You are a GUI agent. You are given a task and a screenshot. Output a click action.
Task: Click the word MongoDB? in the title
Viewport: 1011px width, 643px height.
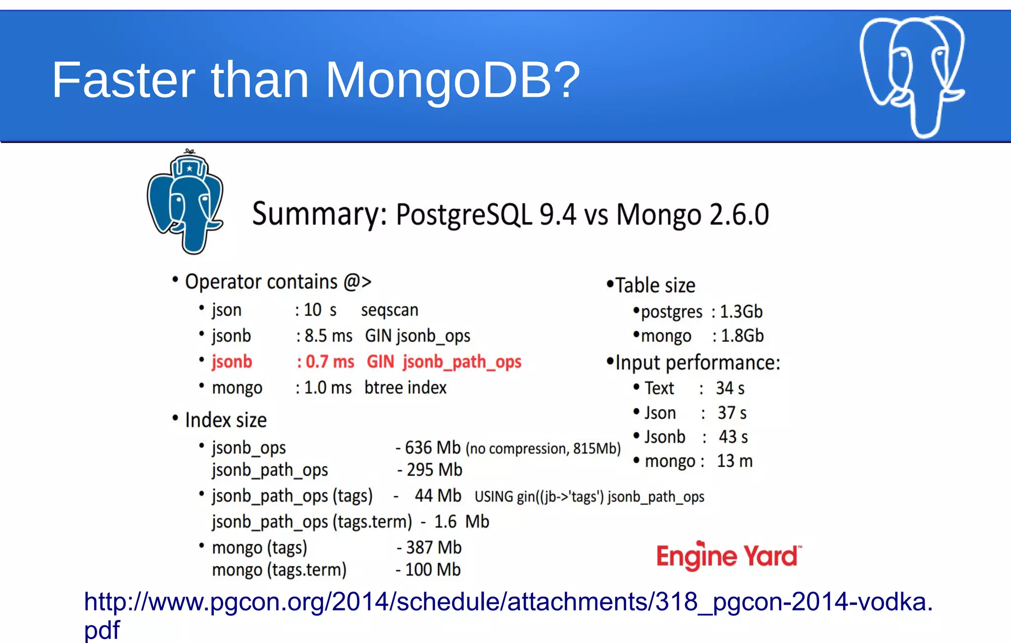[452, 80]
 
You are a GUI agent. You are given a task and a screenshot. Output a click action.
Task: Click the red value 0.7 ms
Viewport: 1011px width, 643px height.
[330, 362]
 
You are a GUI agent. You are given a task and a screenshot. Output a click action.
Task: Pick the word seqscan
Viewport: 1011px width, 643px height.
[389, 310]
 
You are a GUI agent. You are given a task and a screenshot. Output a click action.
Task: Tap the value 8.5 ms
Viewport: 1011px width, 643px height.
[328, 336]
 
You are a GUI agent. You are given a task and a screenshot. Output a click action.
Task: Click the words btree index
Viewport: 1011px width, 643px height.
[405, 388]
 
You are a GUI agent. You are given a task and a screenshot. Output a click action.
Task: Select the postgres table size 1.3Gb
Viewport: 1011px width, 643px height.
[741, 312]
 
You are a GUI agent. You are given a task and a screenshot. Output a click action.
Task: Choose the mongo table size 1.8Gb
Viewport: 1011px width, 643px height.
[742, 336]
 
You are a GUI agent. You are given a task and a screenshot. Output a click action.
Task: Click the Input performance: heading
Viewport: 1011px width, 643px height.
[698, 363]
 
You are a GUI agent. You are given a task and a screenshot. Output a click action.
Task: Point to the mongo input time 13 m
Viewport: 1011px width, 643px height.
[735, 461]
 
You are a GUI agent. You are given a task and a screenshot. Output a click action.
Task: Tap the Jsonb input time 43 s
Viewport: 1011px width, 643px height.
[733, 437]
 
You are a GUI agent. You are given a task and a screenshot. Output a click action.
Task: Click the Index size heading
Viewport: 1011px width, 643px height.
[226, 420]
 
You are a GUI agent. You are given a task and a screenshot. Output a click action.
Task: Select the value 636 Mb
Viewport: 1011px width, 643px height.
[432, 448]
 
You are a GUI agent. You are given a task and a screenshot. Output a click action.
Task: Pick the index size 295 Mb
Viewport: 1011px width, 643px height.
[434, 470]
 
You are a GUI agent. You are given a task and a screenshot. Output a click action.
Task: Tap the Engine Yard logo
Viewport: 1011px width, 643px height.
[728, 556]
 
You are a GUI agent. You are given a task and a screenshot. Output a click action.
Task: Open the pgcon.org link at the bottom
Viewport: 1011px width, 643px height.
[508, 603]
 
